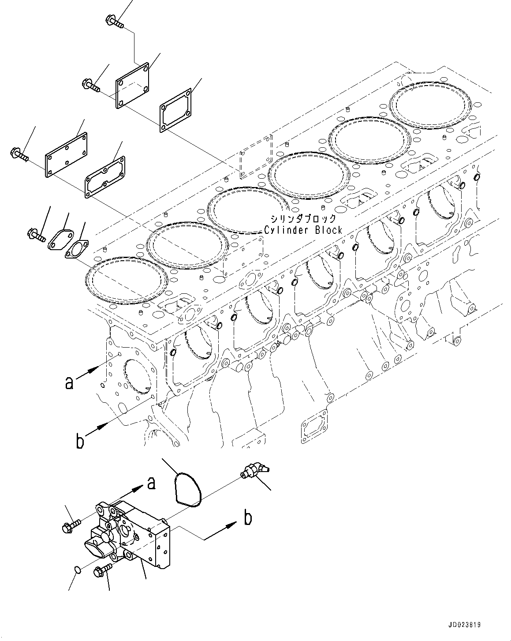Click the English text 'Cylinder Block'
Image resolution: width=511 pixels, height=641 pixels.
click(x=303, y=230)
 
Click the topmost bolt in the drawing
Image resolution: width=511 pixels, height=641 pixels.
click(x=113, y=21)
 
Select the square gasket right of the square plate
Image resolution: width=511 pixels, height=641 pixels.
click(x=175, y=110)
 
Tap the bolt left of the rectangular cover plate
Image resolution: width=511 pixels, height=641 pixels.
click(x=18, y=155)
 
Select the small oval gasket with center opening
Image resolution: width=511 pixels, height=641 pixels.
click(x=76, y=248)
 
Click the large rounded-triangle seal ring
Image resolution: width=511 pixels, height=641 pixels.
click(x=187, y=488)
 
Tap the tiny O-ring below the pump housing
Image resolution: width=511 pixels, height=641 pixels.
click(x=77, y=571)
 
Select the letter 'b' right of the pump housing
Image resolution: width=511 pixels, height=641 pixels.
click(x=248, y=518)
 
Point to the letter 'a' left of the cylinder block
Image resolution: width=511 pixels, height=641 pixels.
click(x=69, y=383)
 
